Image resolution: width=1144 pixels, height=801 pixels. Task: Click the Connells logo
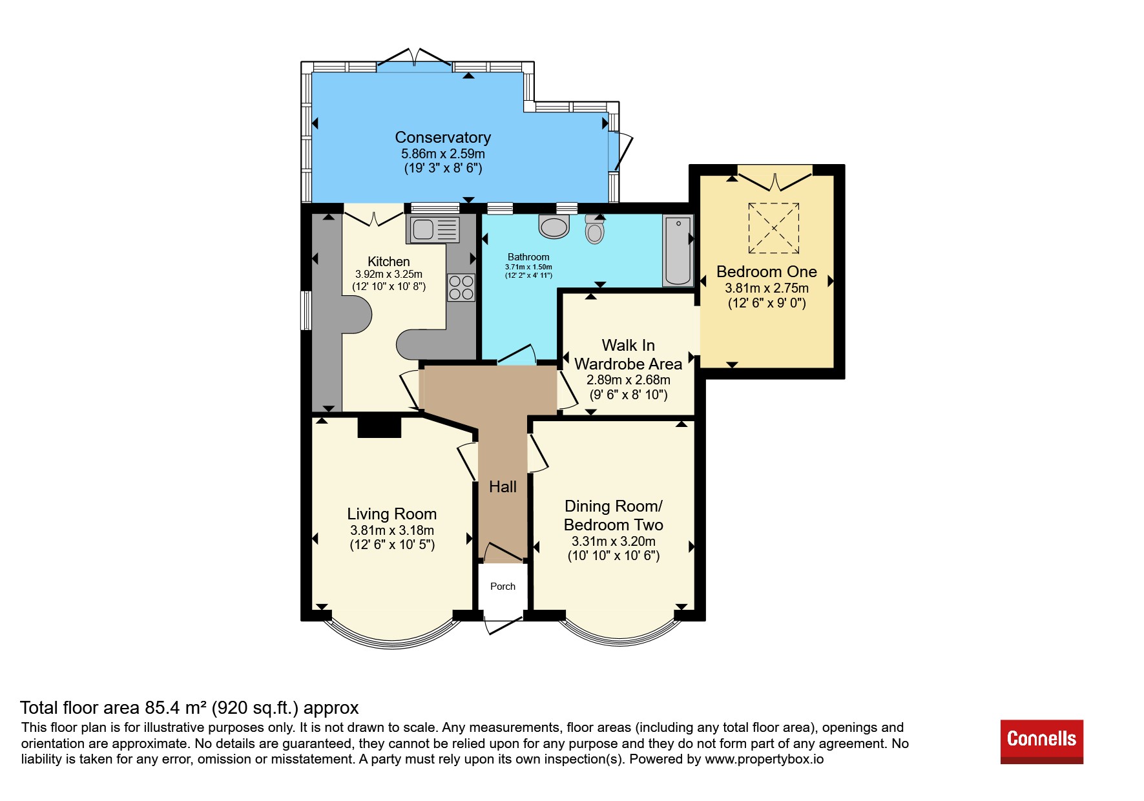1041,742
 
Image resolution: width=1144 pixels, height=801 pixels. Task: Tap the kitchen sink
433,229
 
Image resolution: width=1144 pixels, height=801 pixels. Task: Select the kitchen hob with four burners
461,288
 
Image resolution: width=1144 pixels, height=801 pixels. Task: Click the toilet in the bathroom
594,229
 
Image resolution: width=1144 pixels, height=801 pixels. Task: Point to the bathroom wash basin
554,226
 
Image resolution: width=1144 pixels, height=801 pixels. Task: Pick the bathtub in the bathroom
678,251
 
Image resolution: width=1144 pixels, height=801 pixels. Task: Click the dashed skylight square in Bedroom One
774,228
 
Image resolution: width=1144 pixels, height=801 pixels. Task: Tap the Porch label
503,587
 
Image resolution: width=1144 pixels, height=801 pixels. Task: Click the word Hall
503,487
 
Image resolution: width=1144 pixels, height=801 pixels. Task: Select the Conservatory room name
443,138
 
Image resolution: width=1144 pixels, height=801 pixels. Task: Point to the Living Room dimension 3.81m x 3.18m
392,530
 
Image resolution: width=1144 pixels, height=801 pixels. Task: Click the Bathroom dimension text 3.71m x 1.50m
528,267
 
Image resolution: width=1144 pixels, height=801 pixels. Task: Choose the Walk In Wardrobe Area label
628,355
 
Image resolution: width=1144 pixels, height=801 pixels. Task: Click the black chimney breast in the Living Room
380,427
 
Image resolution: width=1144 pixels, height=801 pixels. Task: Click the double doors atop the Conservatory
414,58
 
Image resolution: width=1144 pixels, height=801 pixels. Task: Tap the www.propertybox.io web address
764,759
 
